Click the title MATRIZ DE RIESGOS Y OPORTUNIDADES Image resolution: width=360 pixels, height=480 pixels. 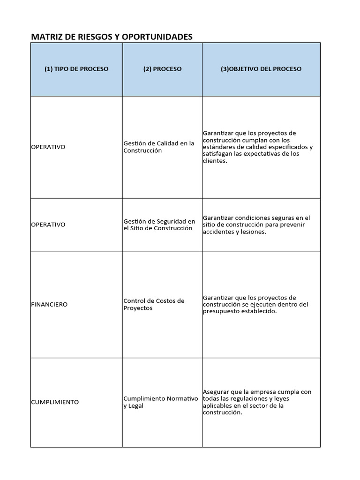(x=112, y=37)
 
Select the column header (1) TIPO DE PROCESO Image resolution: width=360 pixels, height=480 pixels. (x=76, y=69)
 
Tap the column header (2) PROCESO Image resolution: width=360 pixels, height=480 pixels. (x=162, y=69)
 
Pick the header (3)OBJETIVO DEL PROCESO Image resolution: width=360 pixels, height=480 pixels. (x=261, y=69)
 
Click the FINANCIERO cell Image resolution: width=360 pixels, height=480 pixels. (x=49, y=304)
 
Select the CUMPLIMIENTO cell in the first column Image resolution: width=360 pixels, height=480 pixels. (x=55, y=402)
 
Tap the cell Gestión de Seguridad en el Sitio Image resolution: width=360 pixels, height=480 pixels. (x=159, y=225)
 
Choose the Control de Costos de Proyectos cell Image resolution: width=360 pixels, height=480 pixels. (x=154, y=304)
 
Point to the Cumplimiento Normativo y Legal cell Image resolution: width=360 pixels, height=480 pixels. (x=160, y=402)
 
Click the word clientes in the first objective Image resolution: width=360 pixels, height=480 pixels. (x=214, y=161)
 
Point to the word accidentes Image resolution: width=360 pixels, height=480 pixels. (x=218, y=232)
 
